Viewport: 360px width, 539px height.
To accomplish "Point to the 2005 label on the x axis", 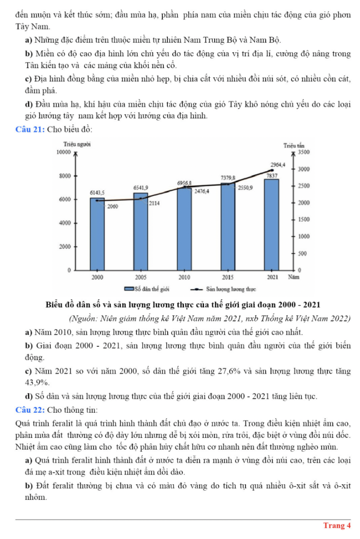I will (x=140, y=277).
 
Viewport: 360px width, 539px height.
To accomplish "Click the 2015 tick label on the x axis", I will (x=228, y=277).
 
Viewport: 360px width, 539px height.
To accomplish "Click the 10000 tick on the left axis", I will (x=64, y=152).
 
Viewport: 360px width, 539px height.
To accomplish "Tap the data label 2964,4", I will (x=278, y=165).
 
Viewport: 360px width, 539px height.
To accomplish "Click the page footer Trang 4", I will (x=337, y=525).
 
